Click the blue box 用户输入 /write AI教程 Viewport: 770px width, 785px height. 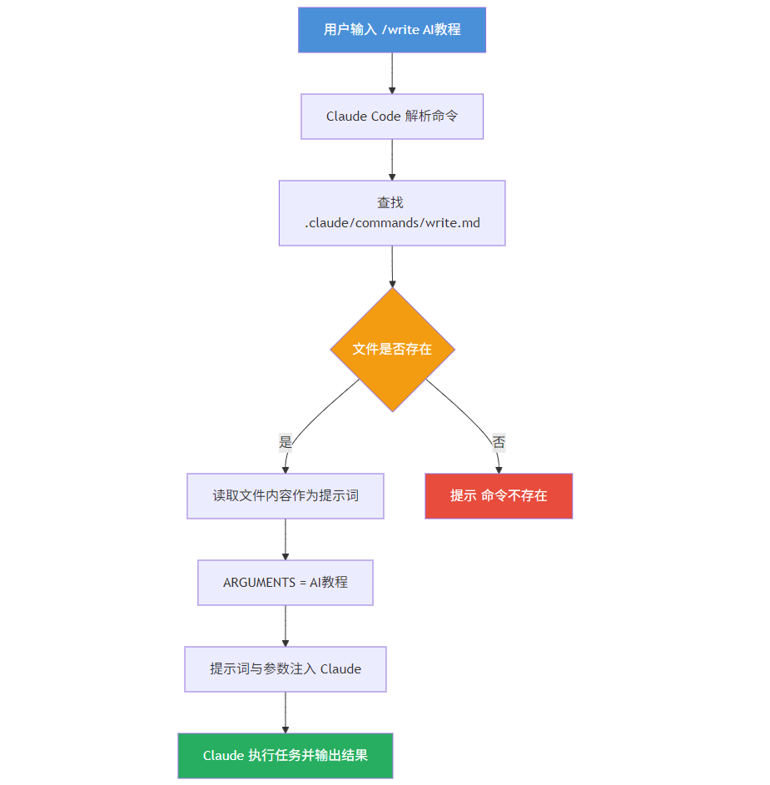click(392, 30)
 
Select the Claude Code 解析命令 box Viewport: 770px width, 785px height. click(392, 117)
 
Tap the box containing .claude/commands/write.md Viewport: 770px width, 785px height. click(392, 213)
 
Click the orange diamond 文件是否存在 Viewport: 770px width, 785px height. click(392, 350)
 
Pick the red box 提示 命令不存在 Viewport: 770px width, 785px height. click(499, 496)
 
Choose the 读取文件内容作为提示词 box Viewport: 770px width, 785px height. click(286, 496)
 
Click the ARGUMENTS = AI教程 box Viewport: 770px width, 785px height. click(286, 583)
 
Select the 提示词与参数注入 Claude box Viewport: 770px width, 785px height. click(286, 669)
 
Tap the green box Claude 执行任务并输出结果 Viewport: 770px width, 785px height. click(286, 756)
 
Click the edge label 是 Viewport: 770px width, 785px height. click(286, 443)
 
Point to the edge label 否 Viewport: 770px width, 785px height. click(499, 443)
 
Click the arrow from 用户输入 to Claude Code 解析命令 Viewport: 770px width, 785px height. click(392, 73)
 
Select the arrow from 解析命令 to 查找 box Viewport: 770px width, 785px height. click(392, 160)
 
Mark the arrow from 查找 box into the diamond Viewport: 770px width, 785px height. click(392, 266)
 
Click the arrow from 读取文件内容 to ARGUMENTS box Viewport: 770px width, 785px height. click(286, 539)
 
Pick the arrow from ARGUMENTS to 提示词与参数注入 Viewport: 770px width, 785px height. click(286, 626)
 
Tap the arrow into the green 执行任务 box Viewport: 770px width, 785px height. click(286, 713)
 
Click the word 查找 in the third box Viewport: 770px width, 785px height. click(390, 202)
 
